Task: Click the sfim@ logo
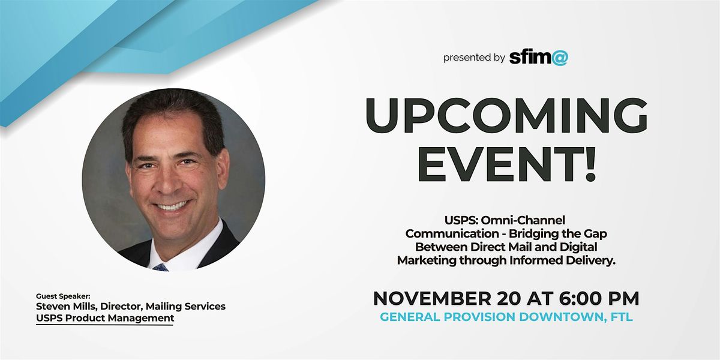[538, 58]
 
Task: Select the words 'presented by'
[474, 58]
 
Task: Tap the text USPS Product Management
[104, 318]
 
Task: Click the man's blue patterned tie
[160, 266]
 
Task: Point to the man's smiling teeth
[173, 205]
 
